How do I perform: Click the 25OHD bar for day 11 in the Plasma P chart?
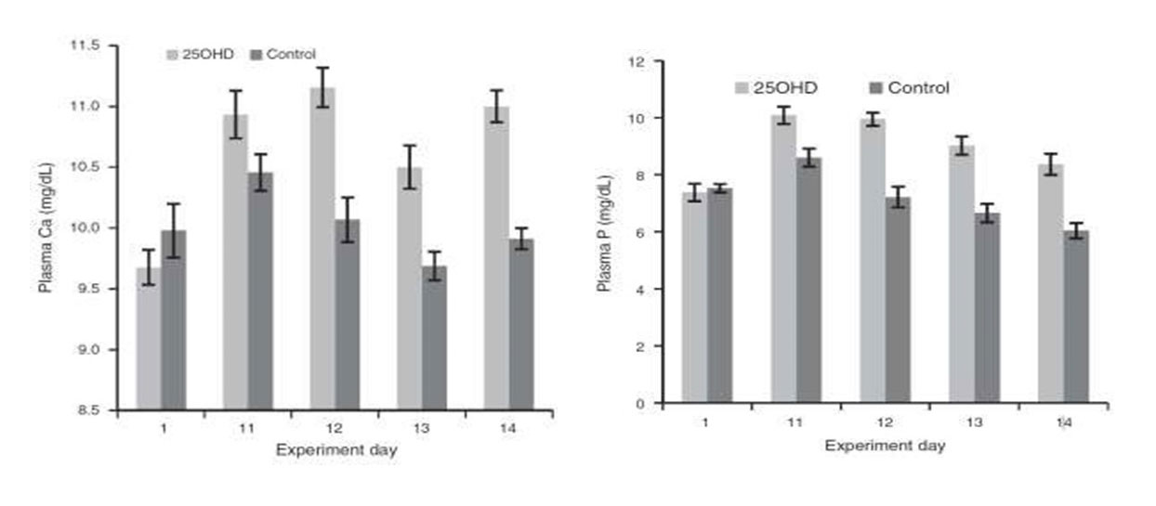point(784,259)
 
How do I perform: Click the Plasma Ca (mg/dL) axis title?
point(45,227)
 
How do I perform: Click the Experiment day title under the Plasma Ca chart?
point(335,450)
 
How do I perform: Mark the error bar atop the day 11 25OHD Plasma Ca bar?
point(235,114)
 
